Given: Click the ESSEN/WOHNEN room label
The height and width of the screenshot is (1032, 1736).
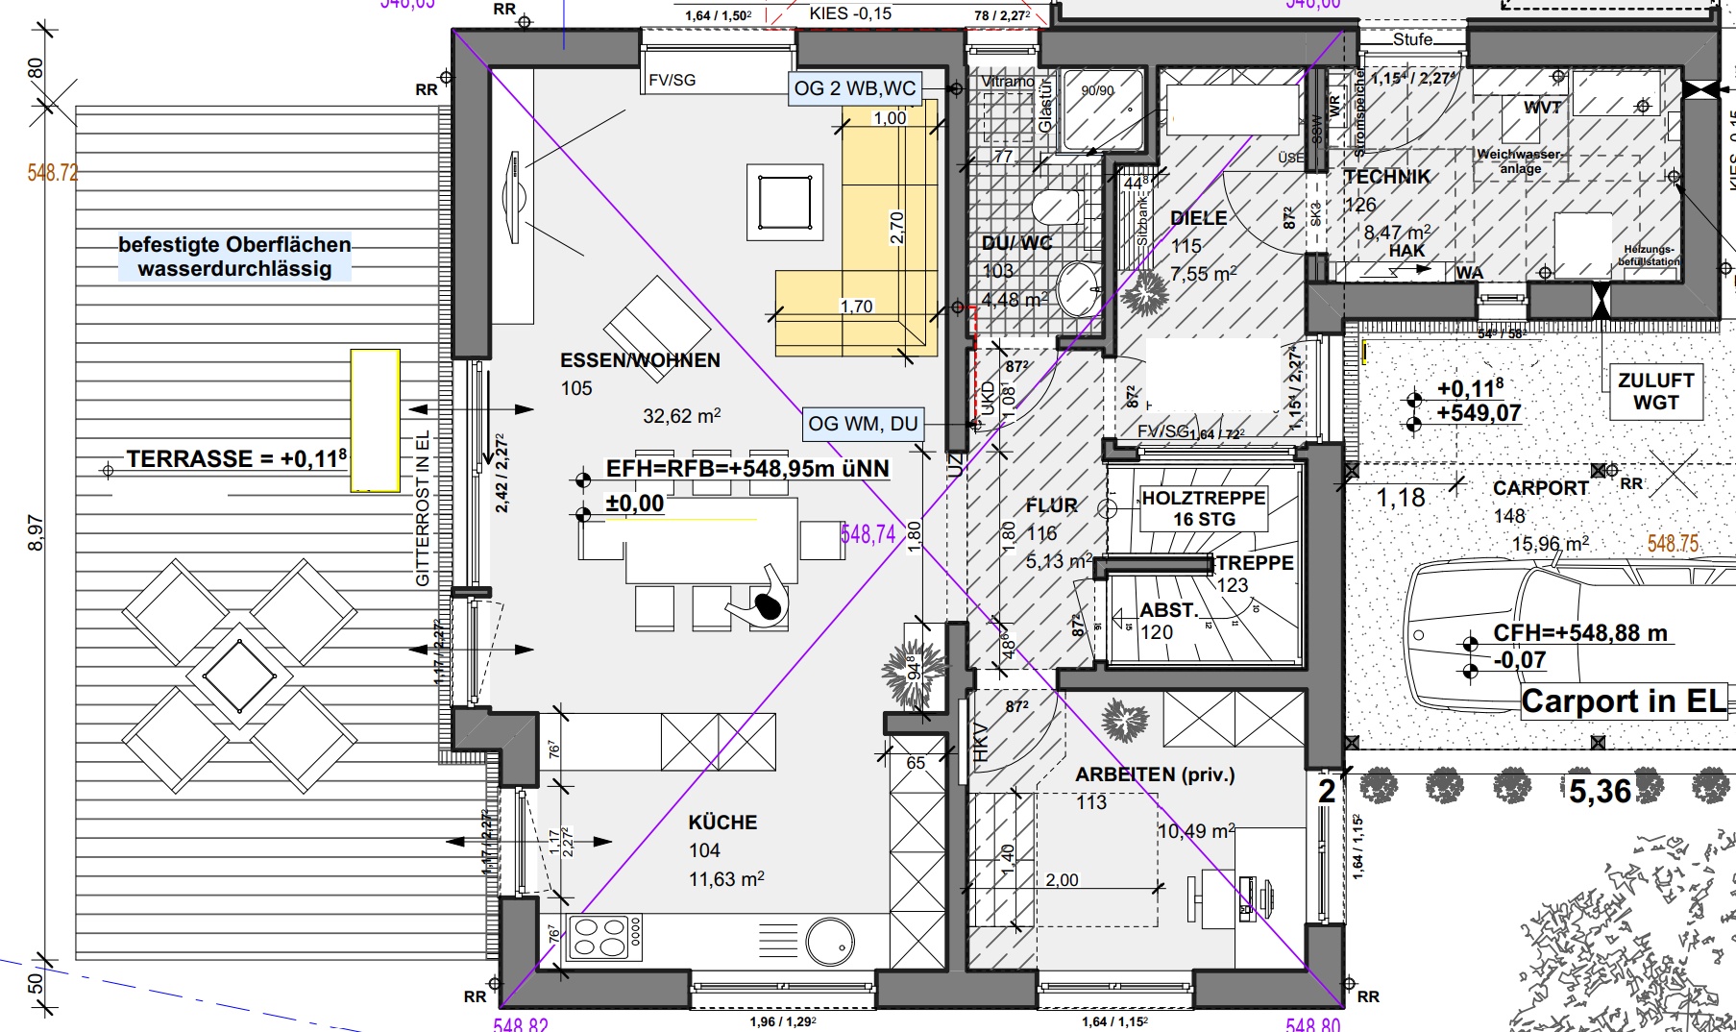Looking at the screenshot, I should coord(640,360).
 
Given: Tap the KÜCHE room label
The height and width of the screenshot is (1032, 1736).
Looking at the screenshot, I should coord(722,823).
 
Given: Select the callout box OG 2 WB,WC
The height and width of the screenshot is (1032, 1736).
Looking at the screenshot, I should coord(854,88).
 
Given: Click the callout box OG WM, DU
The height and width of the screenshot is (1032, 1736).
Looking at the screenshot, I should coord(863,424).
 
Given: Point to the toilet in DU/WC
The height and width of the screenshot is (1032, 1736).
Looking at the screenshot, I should coord(1056,206).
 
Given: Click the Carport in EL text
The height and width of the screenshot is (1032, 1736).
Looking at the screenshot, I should coord(1624,701).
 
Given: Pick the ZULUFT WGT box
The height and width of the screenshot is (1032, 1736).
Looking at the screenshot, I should coord(1655,391).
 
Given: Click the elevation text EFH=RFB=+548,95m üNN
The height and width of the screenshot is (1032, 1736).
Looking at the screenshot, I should coord(747,469).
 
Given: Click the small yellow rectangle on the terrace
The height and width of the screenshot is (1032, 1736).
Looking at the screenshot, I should coord(375,421).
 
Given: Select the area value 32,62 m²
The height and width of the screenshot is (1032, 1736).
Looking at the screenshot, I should coord(681,416).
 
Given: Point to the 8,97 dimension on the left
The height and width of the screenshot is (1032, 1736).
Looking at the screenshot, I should coord(36,533).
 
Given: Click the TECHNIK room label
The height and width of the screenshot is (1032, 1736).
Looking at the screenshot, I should coord(1386,177).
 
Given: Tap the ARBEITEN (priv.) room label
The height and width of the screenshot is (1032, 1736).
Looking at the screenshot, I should coord(1154,774).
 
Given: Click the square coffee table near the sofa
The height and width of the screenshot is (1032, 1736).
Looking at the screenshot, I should coord(785,202).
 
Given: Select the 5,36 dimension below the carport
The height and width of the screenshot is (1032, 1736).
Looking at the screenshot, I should coord(1600,791).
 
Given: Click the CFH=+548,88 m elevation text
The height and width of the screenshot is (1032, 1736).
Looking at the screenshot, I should coord(1579,633).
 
